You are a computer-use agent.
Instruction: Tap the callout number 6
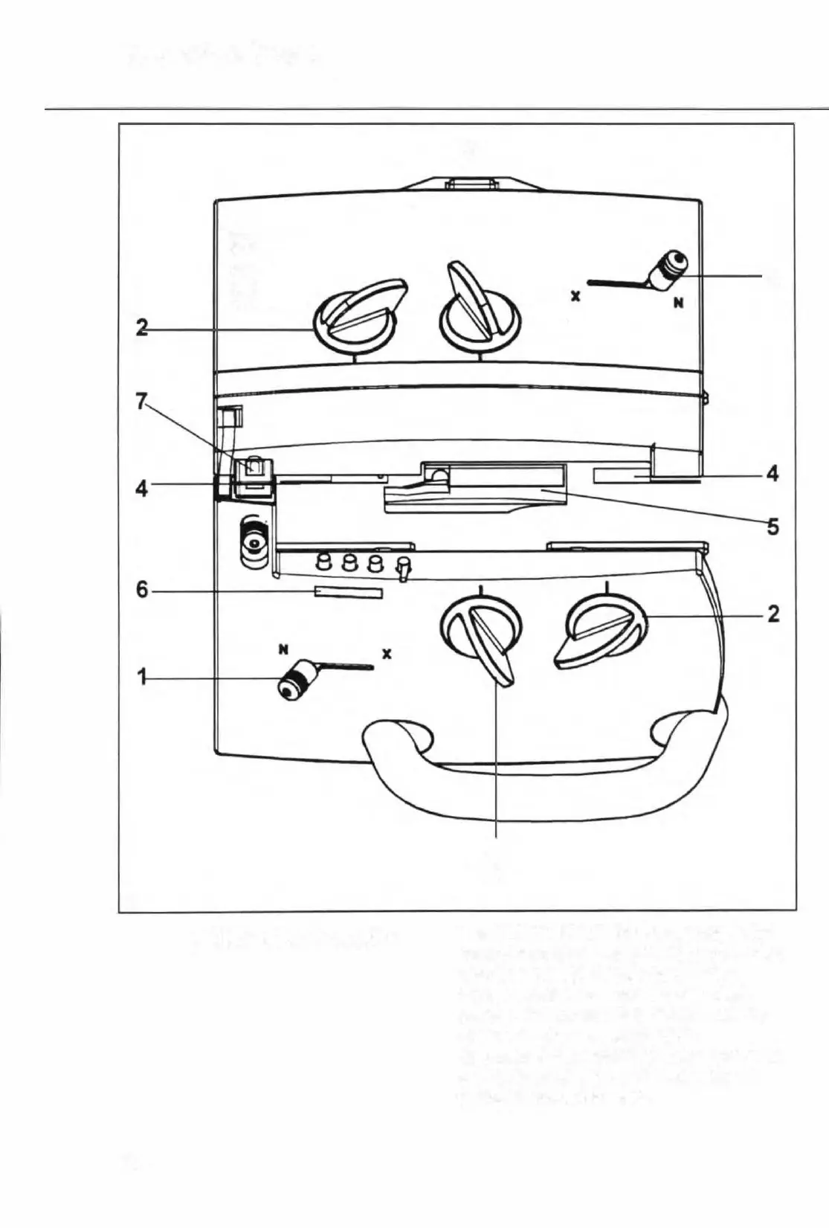(x=142, y=592)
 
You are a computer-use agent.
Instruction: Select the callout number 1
(x=141, y=677)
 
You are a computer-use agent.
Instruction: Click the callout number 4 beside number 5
(x=773, y=473)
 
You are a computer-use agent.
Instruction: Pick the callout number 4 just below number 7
(x=141, y=489)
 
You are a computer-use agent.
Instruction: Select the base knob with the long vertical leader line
(x=482, y=632)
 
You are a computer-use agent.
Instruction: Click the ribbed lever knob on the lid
(x=667, y=271)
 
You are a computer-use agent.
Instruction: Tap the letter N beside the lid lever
(x=678, y=304)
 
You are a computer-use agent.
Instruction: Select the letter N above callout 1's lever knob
(x=283, y=649)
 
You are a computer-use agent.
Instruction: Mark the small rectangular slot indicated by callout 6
(x=349, y=593)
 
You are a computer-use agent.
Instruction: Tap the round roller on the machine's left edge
(x=253, y=544)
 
